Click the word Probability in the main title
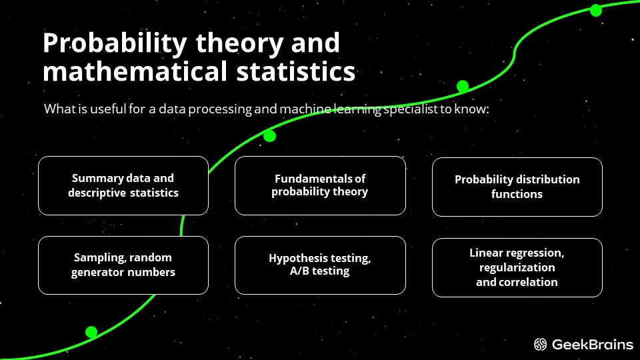[115, 43]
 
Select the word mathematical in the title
[135, 71]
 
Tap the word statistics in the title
[296, 71]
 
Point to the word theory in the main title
[239, 44]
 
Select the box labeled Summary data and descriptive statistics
[123, 186]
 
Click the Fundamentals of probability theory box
[320, 186]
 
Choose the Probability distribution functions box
[517, 187]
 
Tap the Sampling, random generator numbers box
[123, 265]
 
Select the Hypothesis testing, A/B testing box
[320, 265]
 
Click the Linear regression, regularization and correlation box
[517, 267]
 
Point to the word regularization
[517, 267]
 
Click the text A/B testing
[319, 271]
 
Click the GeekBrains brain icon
[540, 345]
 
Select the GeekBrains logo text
[592, 345]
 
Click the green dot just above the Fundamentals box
[269, 136]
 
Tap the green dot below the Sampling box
[91, 332]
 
